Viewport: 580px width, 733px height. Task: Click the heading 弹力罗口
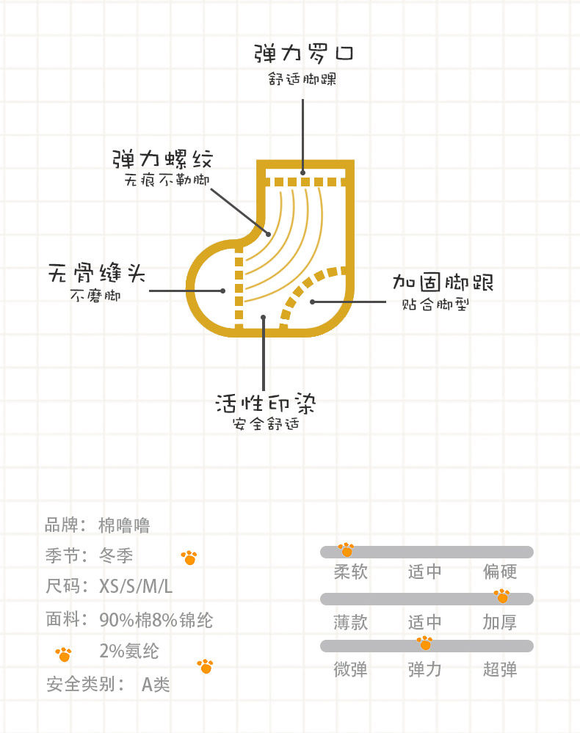[x=304, y=54]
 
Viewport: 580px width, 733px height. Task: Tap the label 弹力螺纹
[x=162, y=159]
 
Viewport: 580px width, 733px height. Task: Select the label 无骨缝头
[x=96, y=274]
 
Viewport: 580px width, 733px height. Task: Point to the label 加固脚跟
[x=441, y=282]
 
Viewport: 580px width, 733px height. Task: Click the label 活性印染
[x=266, y=404]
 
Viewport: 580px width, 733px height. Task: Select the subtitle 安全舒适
[x=266, y=424]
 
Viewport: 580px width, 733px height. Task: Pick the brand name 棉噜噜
[x=125, y=525]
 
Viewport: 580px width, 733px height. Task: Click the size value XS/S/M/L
[x=136, y=587]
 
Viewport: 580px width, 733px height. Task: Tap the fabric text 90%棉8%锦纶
[x=156, y=620]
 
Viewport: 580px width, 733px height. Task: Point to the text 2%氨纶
[x=128, y=651]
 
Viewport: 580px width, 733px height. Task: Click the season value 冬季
[x=116, y=555]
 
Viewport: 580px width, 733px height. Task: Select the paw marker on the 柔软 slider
[x=346, y=549]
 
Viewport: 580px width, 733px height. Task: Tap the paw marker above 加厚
[x=501, y=595]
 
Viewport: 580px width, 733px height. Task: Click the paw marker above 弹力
[x=424, y=643]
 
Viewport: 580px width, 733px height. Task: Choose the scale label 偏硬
[x=500, y=572]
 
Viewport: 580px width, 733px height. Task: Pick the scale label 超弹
[x=500, y=669]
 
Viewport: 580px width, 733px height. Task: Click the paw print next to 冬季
[x=189, y=558]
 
